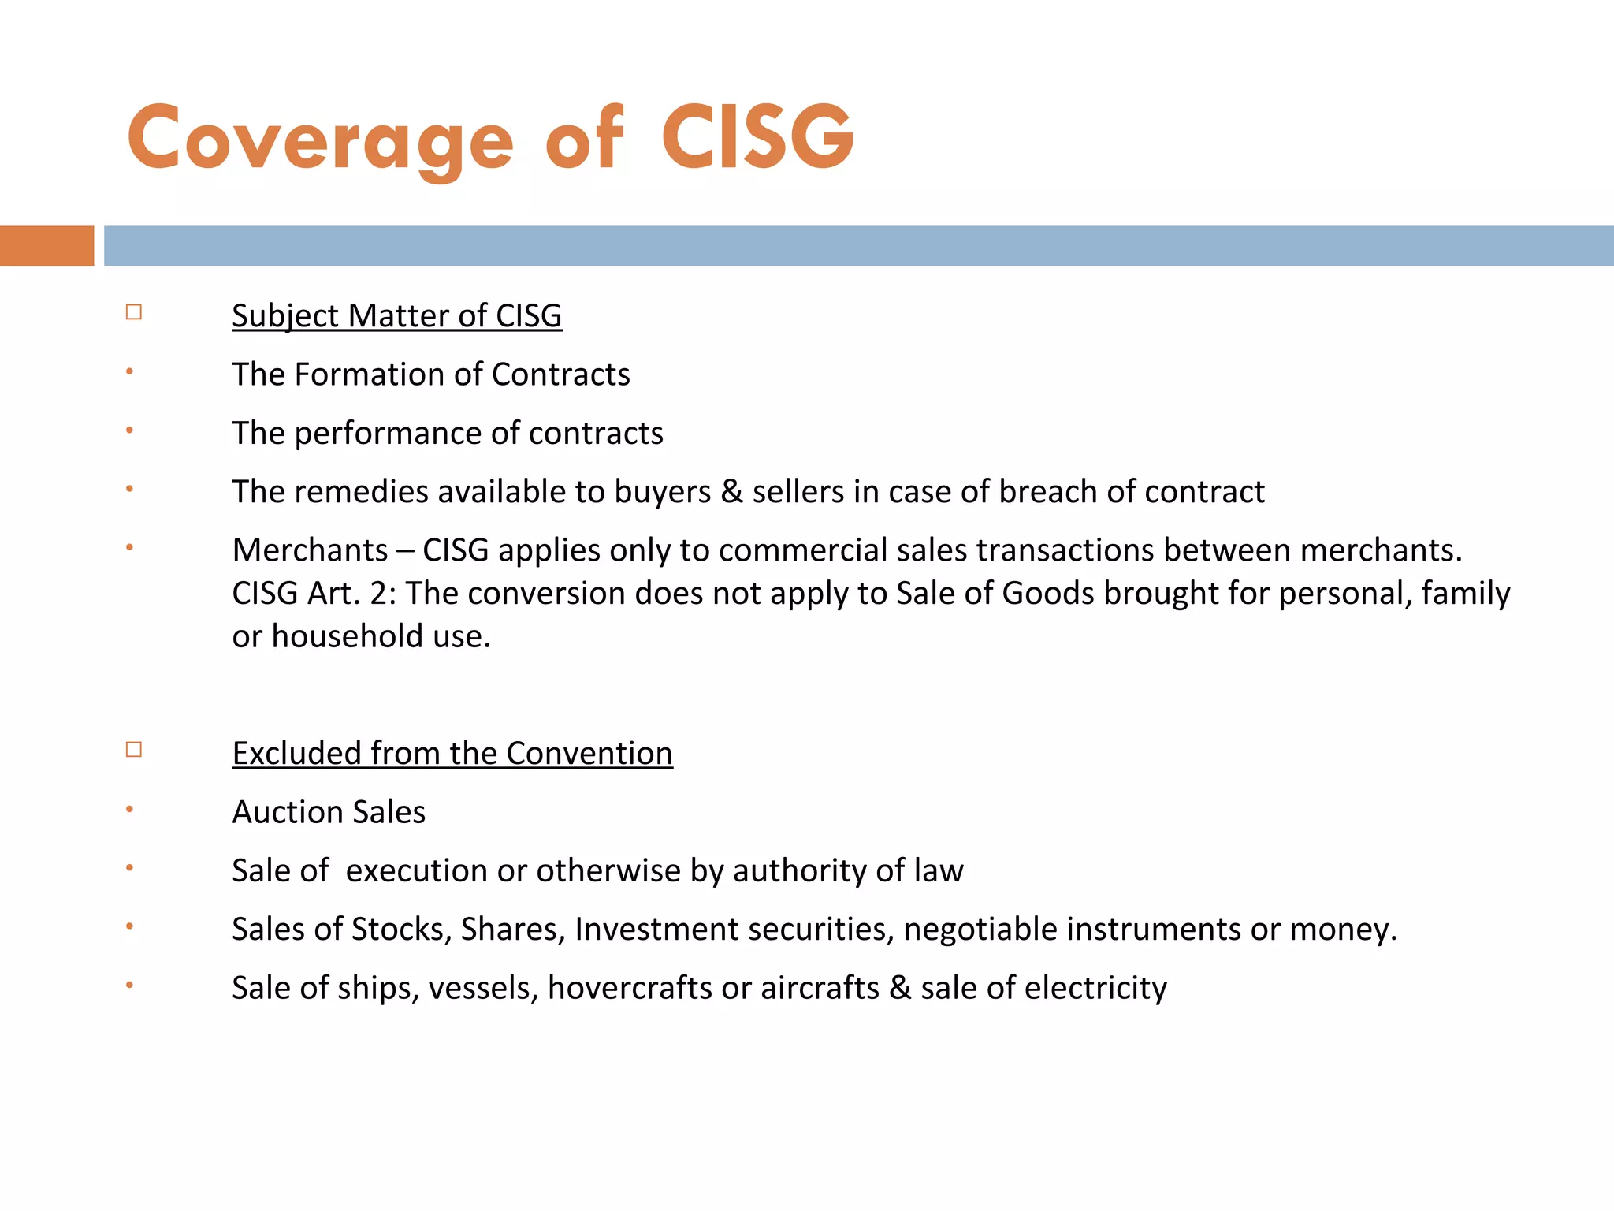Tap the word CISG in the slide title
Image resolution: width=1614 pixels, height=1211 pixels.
(757, 138)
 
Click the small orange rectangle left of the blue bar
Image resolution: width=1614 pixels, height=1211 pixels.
(46, 246)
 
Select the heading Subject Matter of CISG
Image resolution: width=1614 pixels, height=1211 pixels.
(396, 315)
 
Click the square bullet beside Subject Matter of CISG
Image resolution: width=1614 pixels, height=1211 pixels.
(134, 312)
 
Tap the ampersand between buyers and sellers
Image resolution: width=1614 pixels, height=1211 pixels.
(731, 492)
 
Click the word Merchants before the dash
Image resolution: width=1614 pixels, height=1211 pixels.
(310, 550)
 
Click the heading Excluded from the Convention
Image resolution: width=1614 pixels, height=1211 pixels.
(452, 753)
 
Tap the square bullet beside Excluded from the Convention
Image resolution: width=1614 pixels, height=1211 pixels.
(134, 749)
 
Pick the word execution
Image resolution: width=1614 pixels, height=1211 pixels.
(416, 870)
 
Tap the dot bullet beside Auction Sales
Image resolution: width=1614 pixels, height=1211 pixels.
(130, 809)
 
